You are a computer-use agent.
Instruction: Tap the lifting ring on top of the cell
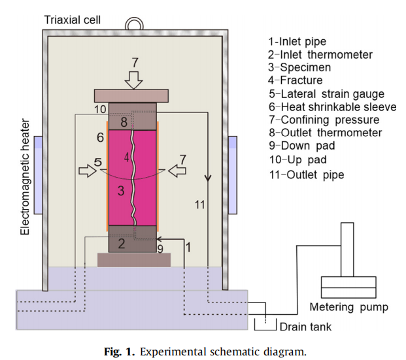tap(135, 24)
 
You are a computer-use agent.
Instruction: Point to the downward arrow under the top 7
tap(135, 80)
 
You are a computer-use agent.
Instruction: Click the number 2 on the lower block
tap(121, 244)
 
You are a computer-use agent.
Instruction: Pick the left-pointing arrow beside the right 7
tap(177, 171)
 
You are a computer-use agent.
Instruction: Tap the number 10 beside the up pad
tap(99, 108)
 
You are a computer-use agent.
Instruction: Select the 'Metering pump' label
tap(349, 307)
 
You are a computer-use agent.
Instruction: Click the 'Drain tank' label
tap(303, 325)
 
